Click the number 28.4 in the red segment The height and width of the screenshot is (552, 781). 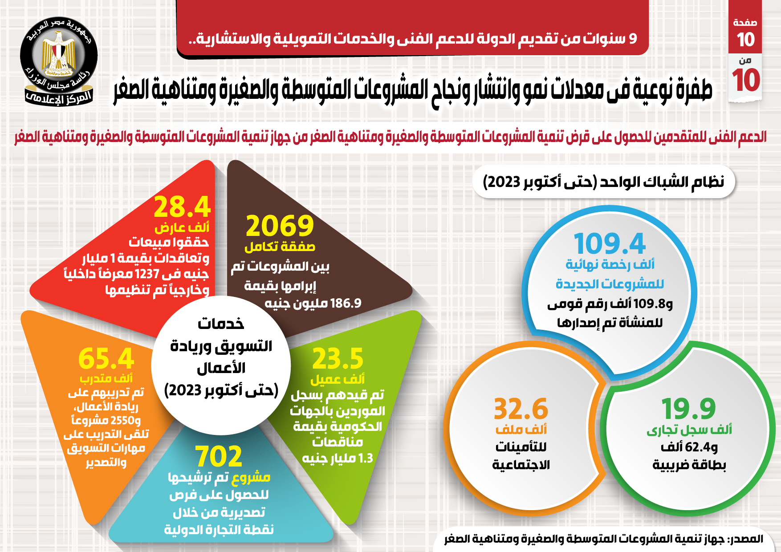pyautogui.click(x=182, y=207)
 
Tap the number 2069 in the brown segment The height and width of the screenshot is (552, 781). pyautogui.click(x=280, y=226)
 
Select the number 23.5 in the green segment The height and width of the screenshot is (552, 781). pyautogui.click(x=338, y=359)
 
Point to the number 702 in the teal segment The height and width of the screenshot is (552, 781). pyautogui.click(x=219, y=456)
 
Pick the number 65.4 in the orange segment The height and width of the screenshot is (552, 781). pyautogui.click(x=106, y=359)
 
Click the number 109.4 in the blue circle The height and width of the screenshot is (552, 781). pyautogui.click(x=610, y=244)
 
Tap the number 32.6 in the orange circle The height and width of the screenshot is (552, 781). pyautogui.click(x=521, y=409)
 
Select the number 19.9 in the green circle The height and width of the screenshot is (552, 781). pyautogui.click(x=688, y=409)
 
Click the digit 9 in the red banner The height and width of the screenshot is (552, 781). pyautogui.click(x=633, y=39)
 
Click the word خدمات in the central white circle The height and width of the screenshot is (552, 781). pyautogui.click(x=221, y=324)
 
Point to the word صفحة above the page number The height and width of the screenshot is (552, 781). pyautogui.click(x=745, y=22)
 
